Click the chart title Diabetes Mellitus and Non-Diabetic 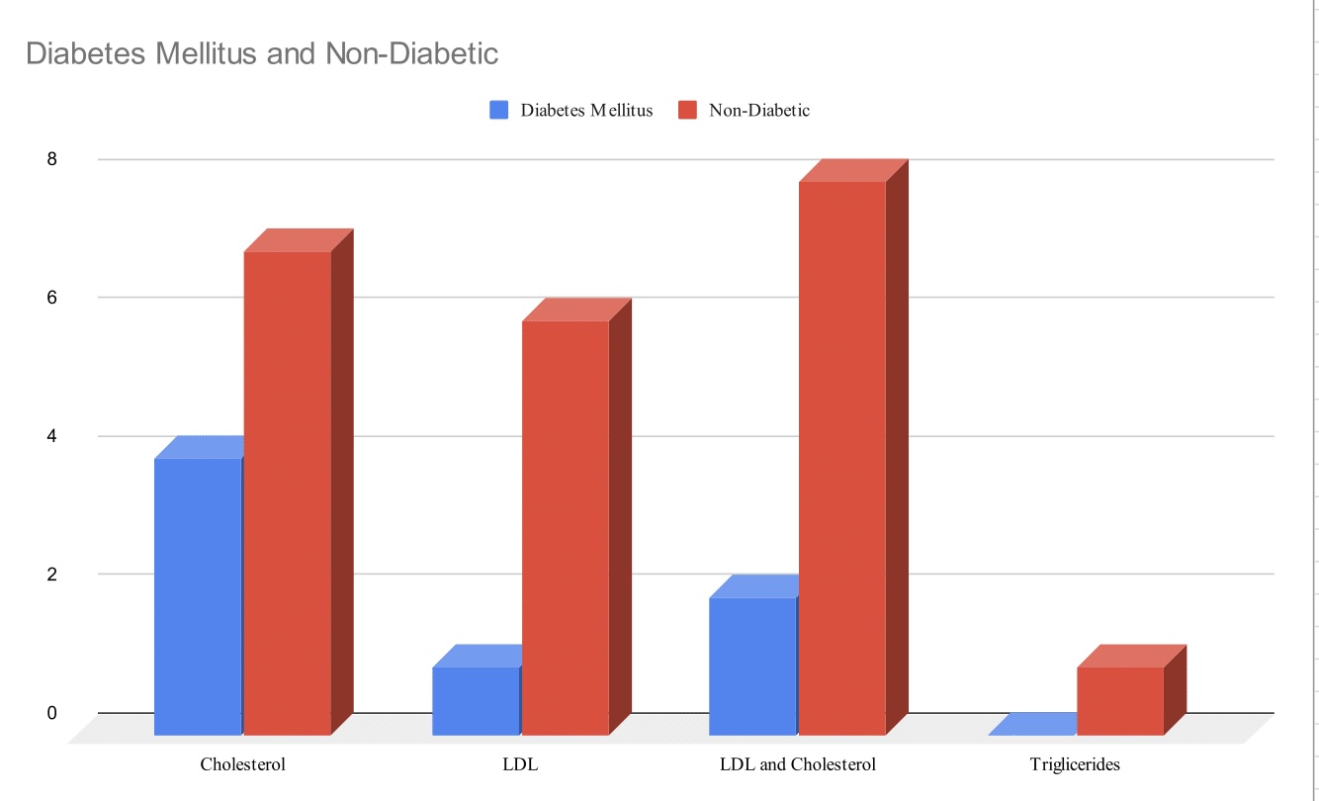click(262, 52)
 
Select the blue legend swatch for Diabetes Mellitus click(498, 111)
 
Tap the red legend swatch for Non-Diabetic click(687, 111)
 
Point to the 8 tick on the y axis click(51, 159)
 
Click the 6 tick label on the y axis click(51, 298)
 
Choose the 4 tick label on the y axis click(51, 436)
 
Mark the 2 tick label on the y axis click(51, 575)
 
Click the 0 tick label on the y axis click(51, 713)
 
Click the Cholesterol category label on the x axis click(243, 764)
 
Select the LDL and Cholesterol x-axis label click(798, 764)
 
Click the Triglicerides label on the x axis click(1075, 764)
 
